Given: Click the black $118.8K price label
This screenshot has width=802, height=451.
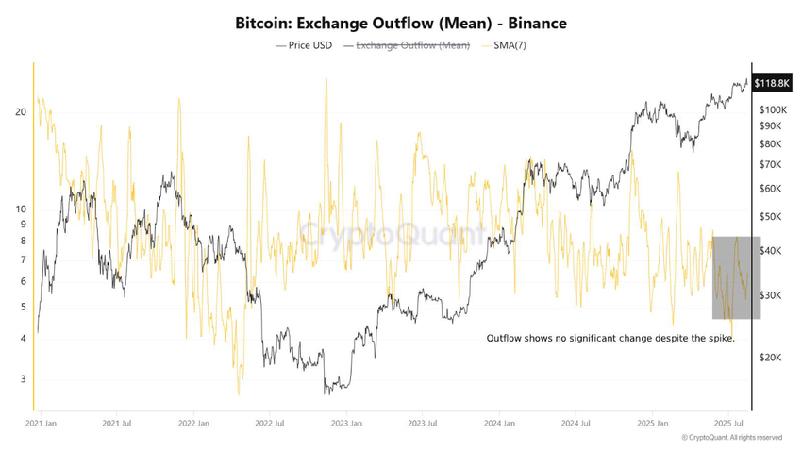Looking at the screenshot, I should pos(771,84).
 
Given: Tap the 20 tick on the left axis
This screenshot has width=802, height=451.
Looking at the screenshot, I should pos(21,112).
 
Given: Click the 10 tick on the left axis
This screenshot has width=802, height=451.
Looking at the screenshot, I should pos(21,209).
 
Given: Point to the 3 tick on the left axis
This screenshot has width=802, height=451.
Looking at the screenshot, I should pos(24,379).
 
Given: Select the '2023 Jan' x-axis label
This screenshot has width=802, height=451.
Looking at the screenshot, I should pos(346,425).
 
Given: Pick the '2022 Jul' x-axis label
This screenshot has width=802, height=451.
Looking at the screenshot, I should pos(270,425).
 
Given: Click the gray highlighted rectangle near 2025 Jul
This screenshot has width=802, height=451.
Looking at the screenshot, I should pos(730,277).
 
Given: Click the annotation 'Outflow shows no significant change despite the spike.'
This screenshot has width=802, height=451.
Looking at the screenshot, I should pos(610,338).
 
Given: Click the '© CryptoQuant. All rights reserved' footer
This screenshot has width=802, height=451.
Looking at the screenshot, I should pos(731,438).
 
